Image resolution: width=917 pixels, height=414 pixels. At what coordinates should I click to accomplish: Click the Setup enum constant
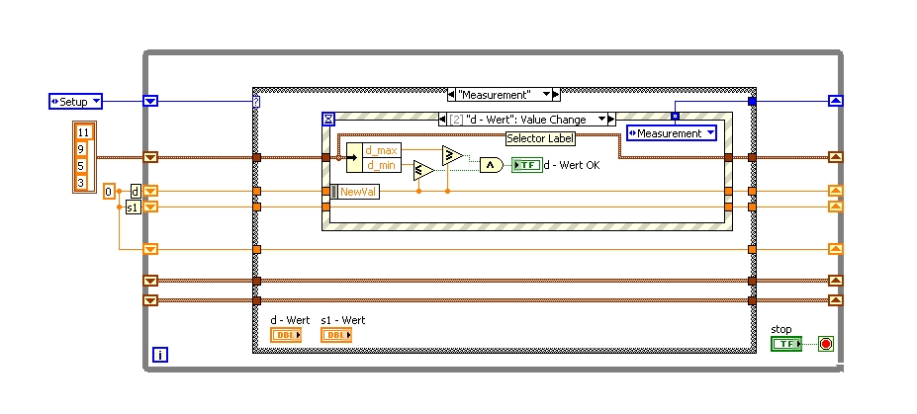click(x=75, y=101)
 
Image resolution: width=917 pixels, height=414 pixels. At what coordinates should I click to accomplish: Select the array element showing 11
click(x=83, y=131)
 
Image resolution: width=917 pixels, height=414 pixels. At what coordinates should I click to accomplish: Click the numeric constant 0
click(x=109, y=191)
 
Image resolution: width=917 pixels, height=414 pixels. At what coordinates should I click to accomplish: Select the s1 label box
click(x=133, y=207)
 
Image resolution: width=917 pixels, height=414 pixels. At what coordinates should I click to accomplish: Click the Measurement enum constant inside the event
click(x=671, y=133)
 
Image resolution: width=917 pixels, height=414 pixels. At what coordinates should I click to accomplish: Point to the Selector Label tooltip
click(x=540, y=138)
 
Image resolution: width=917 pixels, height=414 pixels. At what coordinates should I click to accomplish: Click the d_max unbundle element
click(x=381, y=150)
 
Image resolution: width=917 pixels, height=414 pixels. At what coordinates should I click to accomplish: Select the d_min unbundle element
click(x=381, y=164)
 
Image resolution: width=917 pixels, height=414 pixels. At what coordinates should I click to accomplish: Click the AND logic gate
click(x=492, y=165)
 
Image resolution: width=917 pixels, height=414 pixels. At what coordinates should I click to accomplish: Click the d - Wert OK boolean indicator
click(x=526, y=165)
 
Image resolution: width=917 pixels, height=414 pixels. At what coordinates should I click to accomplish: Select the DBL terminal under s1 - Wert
click(x=337, y=335)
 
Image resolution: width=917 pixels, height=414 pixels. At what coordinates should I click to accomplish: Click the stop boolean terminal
click(x=786, y=344)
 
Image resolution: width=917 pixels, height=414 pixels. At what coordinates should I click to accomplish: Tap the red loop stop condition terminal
click(x=826, y=345)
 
